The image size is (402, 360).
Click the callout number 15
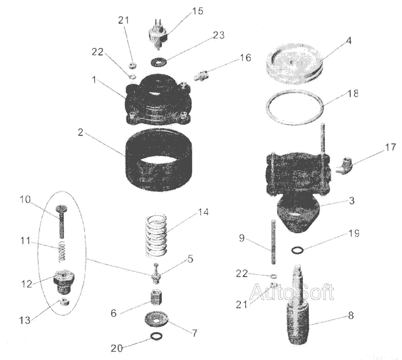[x=197, y=11]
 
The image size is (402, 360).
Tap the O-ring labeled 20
[x=156, y=336]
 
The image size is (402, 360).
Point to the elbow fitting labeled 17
[x=344, y=166]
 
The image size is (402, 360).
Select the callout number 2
[x=80, y=133]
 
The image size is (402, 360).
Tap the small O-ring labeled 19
[x=297, y=250]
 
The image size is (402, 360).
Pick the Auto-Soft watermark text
[x=292, y=292]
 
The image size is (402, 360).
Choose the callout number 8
[x=351, y=315]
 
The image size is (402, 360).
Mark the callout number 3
[x=352, y=201]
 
